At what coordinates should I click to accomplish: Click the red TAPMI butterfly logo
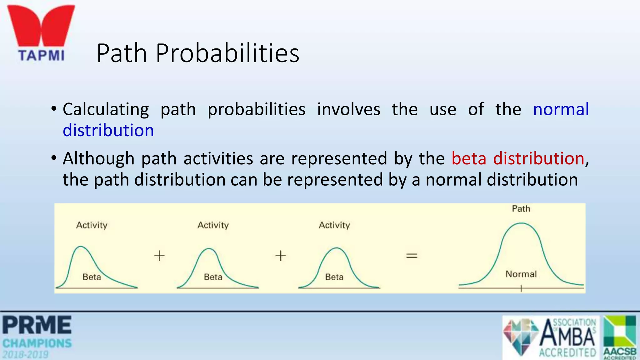click(x=41, y=27)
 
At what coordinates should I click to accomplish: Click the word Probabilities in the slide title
click(x=227, y=53)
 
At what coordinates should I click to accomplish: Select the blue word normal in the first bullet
click(x=561, y=110)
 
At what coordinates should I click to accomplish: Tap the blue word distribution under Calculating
click(x=108, y=131)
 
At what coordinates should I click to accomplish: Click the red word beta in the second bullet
click(x=469, y=158)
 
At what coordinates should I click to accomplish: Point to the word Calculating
click(x=106, y=110)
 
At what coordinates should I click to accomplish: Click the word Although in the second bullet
click(x=98, y=158)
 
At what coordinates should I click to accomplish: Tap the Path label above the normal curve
click(x=521, y=209)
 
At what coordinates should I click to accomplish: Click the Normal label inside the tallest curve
click(x=521, y=274)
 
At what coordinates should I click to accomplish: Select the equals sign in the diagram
click(x=412, y=256)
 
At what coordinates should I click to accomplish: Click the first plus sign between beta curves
click(x=159, y=256)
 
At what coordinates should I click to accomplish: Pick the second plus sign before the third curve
click(x=281, y=256)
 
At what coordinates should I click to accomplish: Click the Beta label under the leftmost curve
click(x=92, y=277)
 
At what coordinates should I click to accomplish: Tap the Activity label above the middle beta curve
click(x=213, y=225)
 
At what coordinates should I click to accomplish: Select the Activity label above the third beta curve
click(x=334, y=225)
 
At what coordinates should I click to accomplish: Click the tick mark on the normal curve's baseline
click(x=521, y=288)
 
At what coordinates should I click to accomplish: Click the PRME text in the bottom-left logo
click(x=37, y=325)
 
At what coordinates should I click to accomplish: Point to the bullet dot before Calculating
click(x=54, y=109)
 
